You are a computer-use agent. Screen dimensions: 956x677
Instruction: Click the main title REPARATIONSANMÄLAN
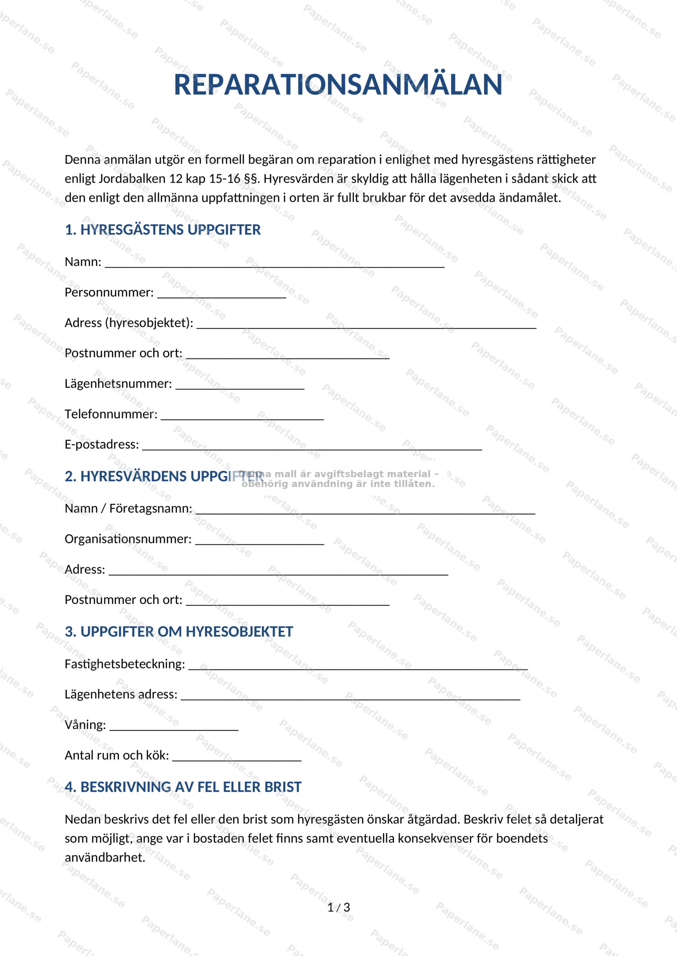click(338, 85)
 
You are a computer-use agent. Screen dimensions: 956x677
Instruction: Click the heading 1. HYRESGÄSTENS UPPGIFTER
click(163, 230)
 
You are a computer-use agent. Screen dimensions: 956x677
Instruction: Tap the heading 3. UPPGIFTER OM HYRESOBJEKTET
click(179, 631)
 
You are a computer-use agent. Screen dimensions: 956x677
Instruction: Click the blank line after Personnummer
click(221, 295)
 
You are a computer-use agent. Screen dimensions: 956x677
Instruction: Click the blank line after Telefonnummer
click(242, 416)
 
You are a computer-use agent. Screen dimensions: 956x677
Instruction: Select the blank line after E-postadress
click(312, 447)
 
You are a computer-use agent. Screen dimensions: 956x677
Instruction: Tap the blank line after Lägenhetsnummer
click(240, 386)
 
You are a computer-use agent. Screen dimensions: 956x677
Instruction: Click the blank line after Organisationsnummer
click(259, 541)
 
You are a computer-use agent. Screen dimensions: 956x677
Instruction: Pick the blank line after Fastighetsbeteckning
click(358, 666)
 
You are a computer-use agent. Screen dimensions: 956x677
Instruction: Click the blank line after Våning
click(174, 727)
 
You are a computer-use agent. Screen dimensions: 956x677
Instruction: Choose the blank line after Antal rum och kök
click(236, 757)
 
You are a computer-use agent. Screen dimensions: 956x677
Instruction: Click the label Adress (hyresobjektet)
click(129, 323)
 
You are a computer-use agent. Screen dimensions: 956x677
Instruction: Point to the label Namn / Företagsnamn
click(128, 508)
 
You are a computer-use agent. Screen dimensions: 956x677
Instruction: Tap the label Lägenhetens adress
click(121, 694)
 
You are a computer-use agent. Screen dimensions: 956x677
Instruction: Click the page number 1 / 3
click(339, 908)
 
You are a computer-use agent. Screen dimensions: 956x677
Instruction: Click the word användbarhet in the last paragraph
click(105, 858)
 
